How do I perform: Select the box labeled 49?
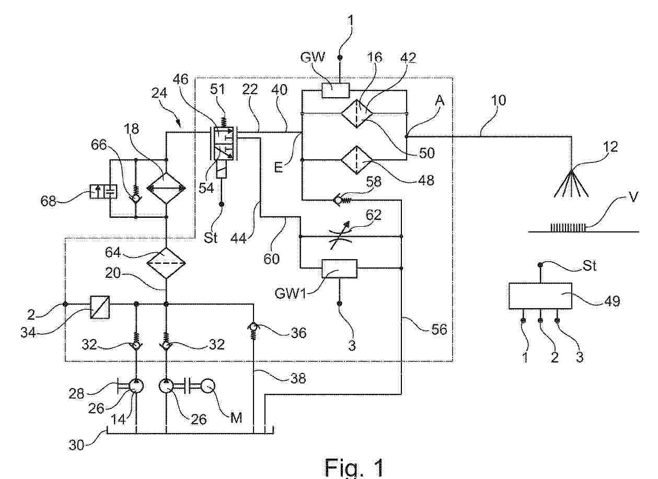click(540, 297)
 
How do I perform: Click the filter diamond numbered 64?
click(166, 260)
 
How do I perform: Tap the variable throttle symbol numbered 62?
click(351, 237)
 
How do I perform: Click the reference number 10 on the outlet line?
click(499, 100)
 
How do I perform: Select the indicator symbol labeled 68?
click(102, 192)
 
